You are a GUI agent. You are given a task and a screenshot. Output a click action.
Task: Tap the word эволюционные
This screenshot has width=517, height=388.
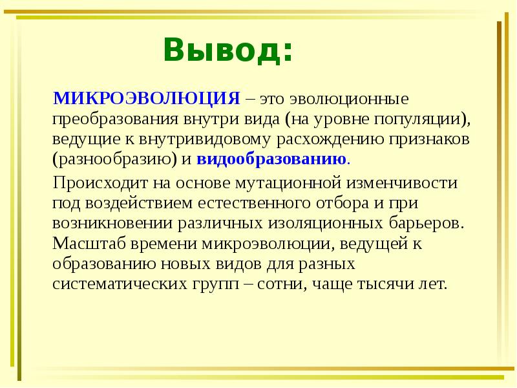[350, 98]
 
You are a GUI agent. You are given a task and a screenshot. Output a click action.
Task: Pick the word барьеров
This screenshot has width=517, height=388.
[424, 223]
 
